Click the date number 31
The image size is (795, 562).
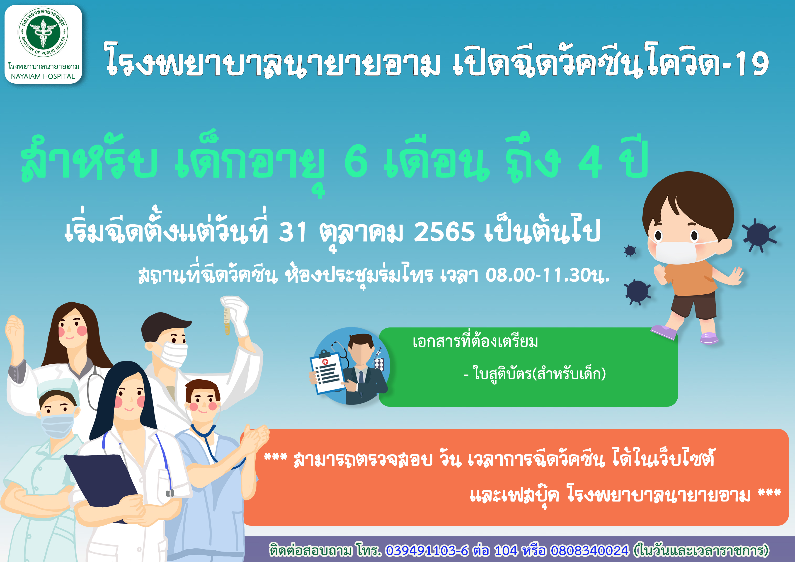pyautogui.click(x=293, y=231)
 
